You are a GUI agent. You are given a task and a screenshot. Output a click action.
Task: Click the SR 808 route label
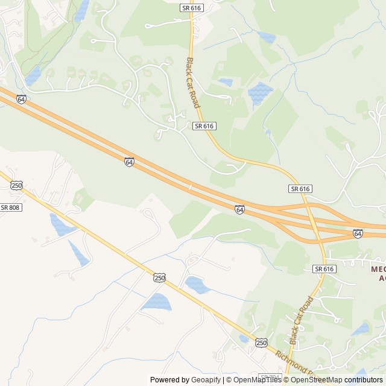point(10,207)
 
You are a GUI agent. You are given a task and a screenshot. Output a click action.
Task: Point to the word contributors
point(364,380)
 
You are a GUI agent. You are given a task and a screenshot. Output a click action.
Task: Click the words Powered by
point(169,380)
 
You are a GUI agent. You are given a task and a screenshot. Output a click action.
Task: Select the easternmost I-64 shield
point(358,233)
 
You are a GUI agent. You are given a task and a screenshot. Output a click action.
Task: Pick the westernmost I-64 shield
point(21,99)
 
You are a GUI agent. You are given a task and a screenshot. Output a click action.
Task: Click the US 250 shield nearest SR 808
point(16,185)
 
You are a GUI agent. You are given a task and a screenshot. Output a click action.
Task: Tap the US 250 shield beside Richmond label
point(261,343)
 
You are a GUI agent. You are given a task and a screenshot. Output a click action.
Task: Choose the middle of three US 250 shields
point(159,277)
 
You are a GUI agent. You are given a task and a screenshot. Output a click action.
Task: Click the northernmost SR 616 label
point(192,7)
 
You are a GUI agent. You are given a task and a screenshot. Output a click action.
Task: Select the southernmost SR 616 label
point(324,268)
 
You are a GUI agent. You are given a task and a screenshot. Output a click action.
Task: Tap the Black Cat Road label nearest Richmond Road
point(302,320)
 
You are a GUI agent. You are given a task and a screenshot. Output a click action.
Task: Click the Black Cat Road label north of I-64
point(193,83)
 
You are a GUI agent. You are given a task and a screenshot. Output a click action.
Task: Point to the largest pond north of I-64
point(259,93)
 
